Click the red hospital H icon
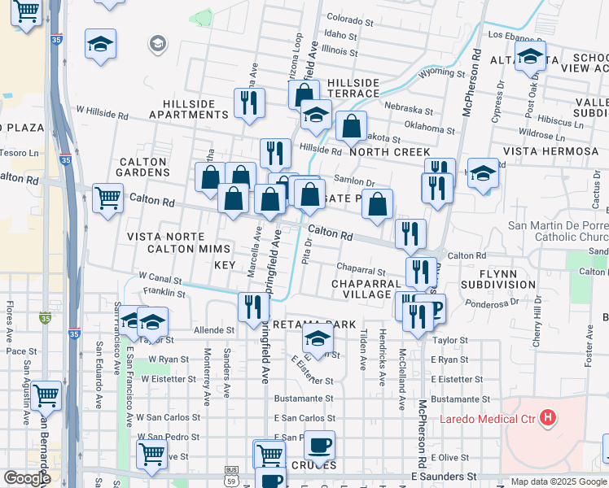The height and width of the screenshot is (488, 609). click(x=549, y=419)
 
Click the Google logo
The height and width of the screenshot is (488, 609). click(x=27, y=478)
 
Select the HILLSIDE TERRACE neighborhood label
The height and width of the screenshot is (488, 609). click(x=354, y=88)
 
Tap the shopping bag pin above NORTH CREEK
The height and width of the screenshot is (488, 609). click(x=351, y=127)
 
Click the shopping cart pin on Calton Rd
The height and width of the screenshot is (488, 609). click(x=107, y=198)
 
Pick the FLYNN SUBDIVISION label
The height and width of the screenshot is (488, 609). click(x=498, y=279)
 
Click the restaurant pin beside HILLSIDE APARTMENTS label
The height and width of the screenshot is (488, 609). click(x=249, y=103)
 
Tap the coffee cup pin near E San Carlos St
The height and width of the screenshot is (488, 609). click(x=319, y=444)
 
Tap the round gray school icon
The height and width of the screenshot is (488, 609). click(x=158, y=44)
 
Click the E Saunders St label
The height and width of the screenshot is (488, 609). click(x=444, y=476)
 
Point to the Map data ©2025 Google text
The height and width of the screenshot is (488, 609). click(x=558, y=481)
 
